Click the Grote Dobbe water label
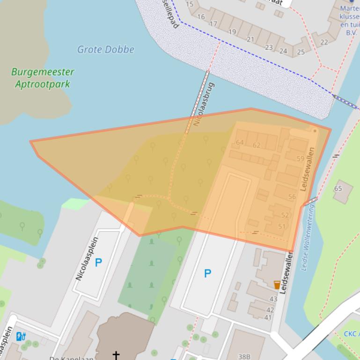click(x=105, y=50)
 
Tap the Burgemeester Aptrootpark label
click(x=43, y=78)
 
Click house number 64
click(x=240, y=143)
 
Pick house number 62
click(x=256, y=145)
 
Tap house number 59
click(x=300, y=159)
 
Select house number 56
click(x=292, y=197)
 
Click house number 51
click(x=281, y=227)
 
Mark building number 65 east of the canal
click(x=338, y=188)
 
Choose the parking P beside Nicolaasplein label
click(x=98, y=263)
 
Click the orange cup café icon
click(x=277, y=284)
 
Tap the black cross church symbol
click(x=116, y=354)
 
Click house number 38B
click(x=244, y=357)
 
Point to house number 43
click(x=273, y=299)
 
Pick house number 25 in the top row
click(x=301, y=52)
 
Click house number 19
click(x=232, y=32)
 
